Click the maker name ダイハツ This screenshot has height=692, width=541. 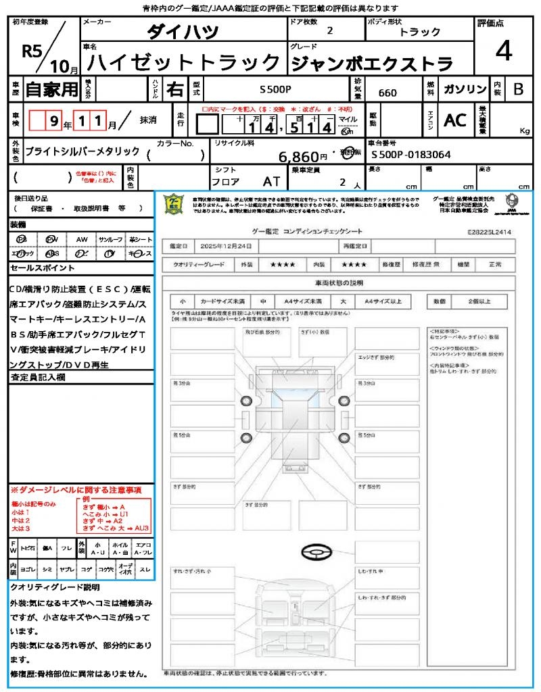pos(183,31)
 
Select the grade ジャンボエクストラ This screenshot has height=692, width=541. pos(371,64)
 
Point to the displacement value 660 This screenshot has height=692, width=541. pos(387,93)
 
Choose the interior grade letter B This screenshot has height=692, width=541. pos(518,89)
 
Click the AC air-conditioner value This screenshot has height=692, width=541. pos(455,120)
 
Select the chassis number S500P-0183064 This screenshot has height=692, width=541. pos(411,155)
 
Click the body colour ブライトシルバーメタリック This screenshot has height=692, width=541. pos(83,152)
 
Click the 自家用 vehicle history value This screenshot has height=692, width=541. pos(52,89)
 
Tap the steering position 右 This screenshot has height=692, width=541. pos(174,89)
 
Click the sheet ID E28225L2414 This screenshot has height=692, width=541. pos(489,231)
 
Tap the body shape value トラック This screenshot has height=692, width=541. pos(420,32)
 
